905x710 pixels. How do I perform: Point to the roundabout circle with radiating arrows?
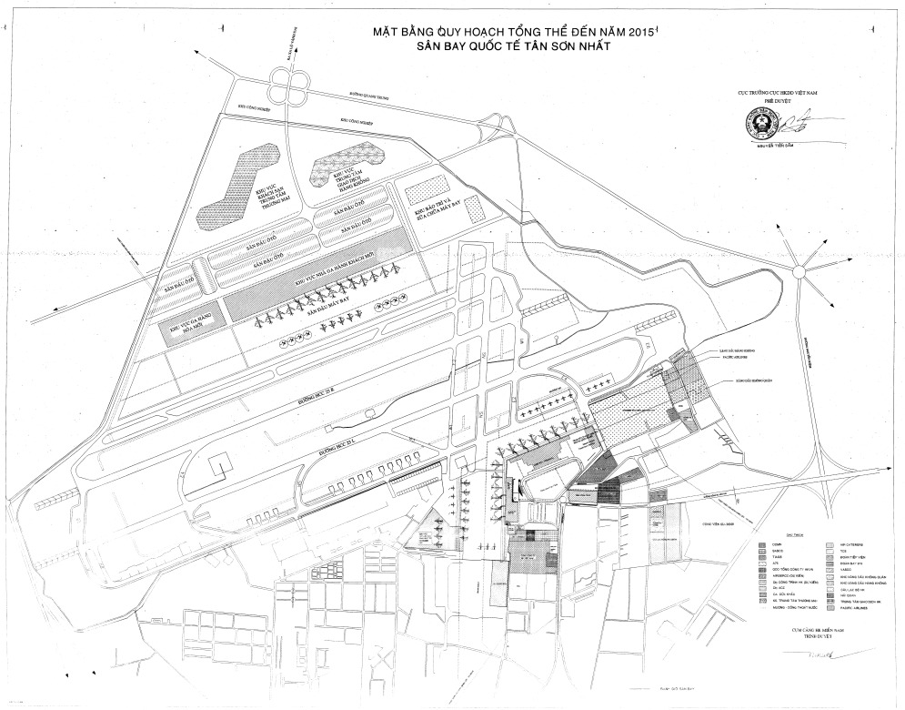click(799, 270)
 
